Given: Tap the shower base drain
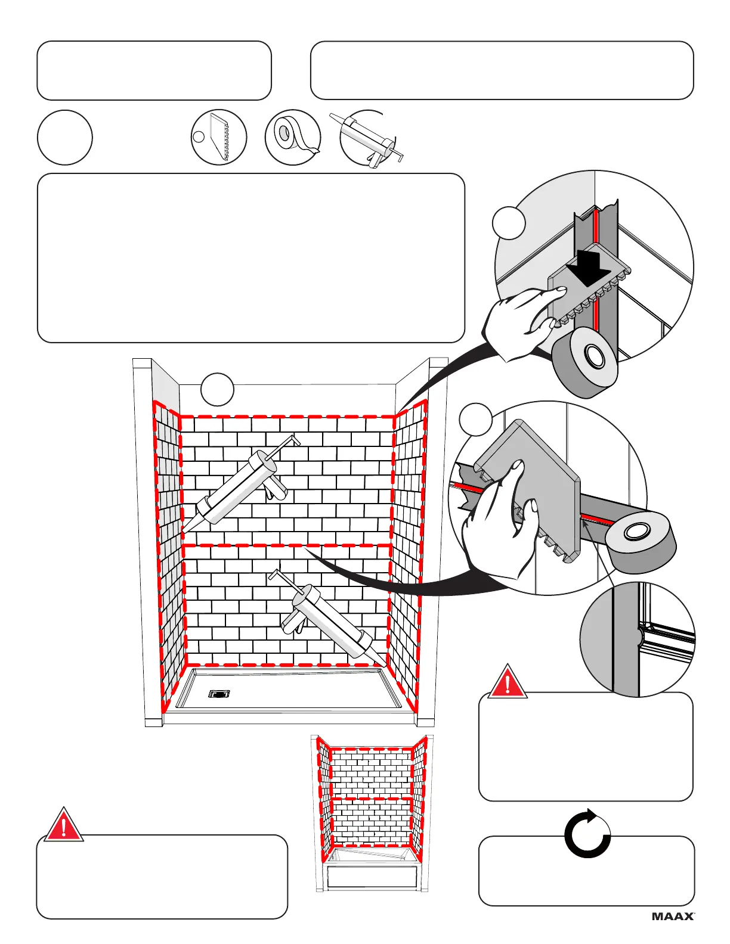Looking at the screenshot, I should coord(219,693).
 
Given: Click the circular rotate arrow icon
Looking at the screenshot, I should coord(587,834).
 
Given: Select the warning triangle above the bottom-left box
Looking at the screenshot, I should coord(63,825).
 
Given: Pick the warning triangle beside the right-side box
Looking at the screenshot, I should coord(507,682).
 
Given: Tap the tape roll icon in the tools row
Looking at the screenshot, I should coord(292,138).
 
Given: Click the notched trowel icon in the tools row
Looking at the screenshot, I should coord(219,138).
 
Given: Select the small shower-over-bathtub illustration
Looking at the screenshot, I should coord(373,813).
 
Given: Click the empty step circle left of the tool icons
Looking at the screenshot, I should coord(64,138).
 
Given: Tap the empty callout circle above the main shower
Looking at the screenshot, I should coord(217,389).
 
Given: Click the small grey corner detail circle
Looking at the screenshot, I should coord(638,639).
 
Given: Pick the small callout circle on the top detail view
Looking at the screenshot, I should coord(509,223).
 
